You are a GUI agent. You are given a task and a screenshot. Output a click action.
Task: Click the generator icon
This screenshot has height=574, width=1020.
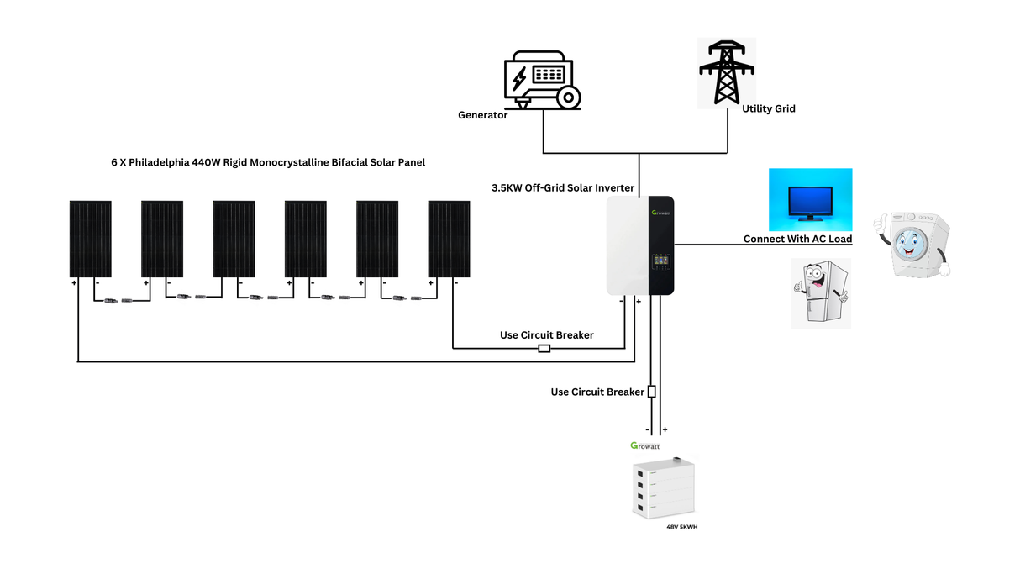pos(541,81)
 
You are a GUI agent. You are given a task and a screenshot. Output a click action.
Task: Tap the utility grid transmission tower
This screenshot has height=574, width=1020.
pos(726,73)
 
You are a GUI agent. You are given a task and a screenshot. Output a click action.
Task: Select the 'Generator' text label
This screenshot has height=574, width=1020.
pos(482,115)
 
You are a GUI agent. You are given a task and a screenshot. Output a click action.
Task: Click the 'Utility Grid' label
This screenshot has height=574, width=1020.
pos(768,108)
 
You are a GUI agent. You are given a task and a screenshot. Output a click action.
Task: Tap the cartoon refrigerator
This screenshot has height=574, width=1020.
pos(820,293)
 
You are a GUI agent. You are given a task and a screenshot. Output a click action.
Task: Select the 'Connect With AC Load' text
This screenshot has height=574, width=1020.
pos(797,240)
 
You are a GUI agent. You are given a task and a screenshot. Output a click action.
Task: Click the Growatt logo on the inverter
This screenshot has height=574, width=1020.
pos(661,212)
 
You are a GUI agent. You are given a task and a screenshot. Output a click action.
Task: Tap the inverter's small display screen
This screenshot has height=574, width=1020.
pos(661,263)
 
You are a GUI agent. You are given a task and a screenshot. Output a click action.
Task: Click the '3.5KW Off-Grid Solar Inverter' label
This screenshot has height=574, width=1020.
pos(563,187)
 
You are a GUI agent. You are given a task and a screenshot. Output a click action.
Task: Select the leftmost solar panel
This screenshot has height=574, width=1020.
pos(91,239)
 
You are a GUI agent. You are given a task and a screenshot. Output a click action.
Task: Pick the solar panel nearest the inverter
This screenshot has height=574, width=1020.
pos(450,239)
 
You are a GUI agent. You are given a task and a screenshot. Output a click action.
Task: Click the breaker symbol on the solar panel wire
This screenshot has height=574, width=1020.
pos(544,348)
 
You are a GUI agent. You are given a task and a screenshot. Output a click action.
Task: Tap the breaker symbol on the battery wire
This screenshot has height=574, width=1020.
pos(651,392)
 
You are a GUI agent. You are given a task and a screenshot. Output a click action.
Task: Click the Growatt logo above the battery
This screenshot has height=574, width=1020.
pos(644,445)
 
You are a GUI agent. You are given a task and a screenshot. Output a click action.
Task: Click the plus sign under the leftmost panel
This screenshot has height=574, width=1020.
pos(75,283)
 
